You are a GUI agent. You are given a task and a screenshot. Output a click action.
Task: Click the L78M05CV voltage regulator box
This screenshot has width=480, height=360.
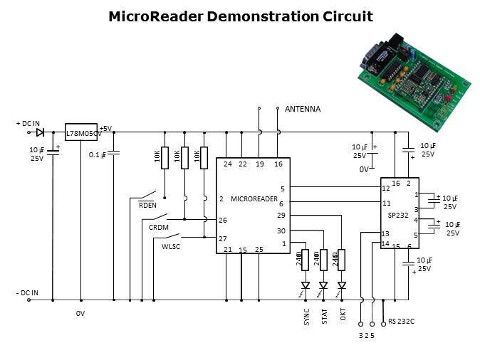pyautogui.click(x=81, y=133)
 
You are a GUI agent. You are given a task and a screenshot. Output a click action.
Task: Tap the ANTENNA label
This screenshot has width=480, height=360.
pyautogui.click(x=303, y=109)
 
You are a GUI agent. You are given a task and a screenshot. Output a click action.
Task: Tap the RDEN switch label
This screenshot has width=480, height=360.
pyautogui.click(x=147, y=206)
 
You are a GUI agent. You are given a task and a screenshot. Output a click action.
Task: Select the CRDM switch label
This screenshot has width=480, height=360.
pyautogui.click(x=158, y=227)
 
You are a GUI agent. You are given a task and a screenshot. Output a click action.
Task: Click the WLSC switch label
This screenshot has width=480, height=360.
pyautogui.click(x=172, y=246)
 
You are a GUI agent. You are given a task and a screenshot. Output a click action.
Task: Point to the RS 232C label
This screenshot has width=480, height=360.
pyautogui.click(x=401, y=322)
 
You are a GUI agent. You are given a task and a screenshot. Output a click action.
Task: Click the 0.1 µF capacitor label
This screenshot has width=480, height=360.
pyautogui.click(x=98, y=154)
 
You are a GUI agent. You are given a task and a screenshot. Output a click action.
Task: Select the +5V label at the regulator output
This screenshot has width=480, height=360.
pyautogui.click(x=105, y=128)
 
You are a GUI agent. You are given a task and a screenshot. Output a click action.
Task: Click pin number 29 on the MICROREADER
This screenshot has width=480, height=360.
pyautogui.click(x=281, y=215)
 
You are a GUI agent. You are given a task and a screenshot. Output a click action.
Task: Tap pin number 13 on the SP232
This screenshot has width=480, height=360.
pyautogui.click(x=385, y=233)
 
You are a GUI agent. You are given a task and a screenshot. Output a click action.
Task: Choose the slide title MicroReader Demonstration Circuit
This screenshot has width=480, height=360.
pyautogui.click(x=240, y=16)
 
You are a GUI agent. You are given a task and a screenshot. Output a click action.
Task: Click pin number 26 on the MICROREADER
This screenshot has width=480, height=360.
pyautogui.click(x=223, y=220)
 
